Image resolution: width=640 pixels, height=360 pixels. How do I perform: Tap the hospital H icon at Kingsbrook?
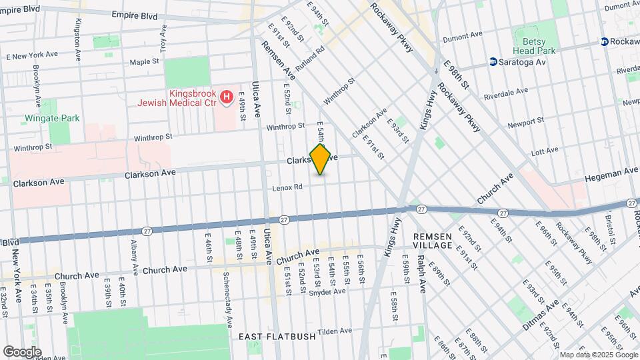point(227,98)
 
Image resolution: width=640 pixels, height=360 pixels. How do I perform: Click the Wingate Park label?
point(52,118)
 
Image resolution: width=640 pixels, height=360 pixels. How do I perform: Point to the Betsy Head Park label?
point(534,46)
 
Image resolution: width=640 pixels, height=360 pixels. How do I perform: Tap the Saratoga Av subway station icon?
point(493,62)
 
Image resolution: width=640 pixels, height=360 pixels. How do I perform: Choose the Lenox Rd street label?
point(287,188)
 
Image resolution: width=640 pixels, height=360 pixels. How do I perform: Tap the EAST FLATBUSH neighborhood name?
point(277,337)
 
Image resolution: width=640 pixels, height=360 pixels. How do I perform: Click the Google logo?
point(22,351)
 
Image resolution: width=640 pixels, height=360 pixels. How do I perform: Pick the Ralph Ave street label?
point(421,273)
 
